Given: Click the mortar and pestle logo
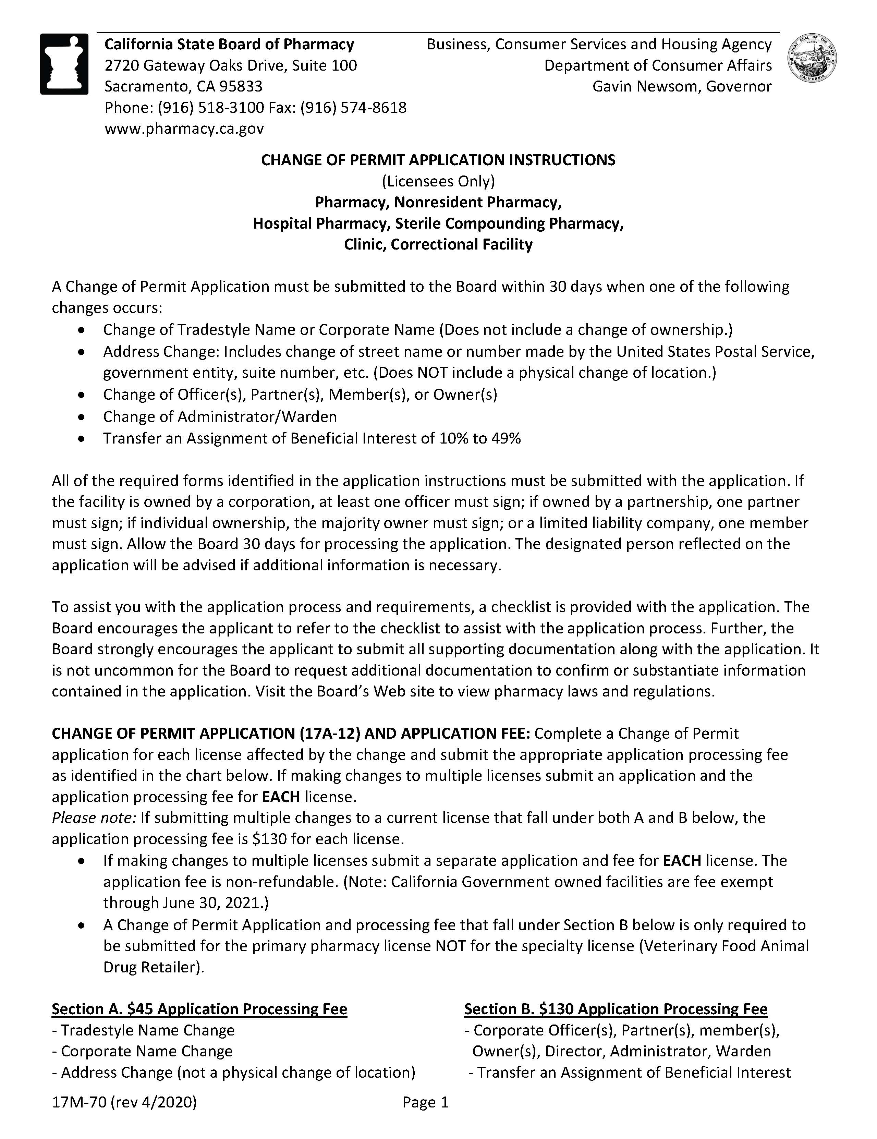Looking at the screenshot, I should (x=64, y=64).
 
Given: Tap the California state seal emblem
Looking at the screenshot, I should (x=812, y=58).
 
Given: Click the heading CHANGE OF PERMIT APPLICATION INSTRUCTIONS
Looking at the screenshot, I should (x=438, y=160).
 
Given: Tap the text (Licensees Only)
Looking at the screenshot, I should (x=438, y=181).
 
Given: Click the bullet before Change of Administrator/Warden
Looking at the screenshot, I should (x=81, y=417).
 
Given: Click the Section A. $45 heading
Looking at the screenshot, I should (x=199, y=1009).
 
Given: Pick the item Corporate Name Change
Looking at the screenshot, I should (x=147, y=1051).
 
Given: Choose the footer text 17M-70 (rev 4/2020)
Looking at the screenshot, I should (x=124, y=1102).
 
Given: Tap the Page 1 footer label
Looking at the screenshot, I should (x=425, y=1102).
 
